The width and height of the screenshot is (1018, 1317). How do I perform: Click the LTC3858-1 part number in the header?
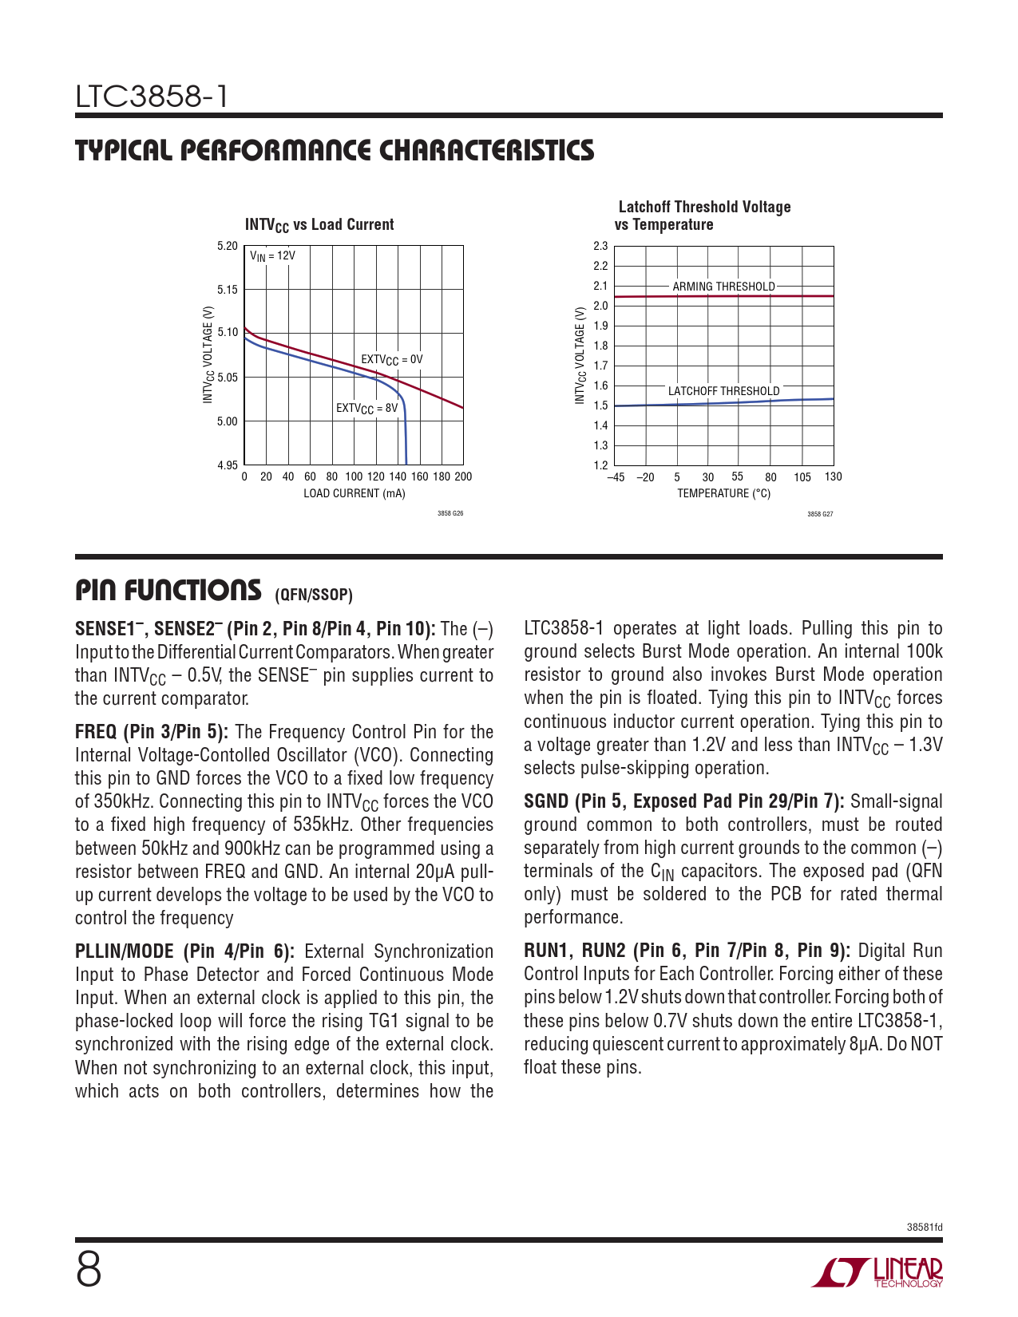point(152,97)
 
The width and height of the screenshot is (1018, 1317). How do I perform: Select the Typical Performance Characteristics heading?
point(335,151)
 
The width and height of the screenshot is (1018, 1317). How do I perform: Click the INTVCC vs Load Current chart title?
point(319,225)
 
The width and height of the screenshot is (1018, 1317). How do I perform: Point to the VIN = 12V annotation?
point(272,256)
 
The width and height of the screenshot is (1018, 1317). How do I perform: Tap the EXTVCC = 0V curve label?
point(391,360)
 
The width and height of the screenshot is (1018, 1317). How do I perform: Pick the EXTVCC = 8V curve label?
point(366,409)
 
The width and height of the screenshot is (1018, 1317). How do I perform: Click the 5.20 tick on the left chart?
point(228,246)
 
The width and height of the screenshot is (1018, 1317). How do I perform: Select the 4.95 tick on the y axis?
point(228,465)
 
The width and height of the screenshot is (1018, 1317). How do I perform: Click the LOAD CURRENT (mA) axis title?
point(354,493)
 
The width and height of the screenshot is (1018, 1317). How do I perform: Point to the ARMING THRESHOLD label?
point(723,287)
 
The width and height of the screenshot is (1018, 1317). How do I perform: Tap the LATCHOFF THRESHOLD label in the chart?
point(723,391)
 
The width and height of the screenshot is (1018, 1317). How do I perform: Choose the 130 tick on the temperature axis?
point(833,477)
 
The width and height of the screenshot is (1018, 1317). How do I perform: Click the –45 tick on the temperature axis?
point(616,477)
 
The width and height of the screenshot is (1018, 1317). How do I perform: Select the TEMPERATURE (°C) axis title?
point(723,493)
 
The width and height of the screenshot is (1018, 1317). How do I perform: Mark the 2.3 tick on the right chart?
point(600,246)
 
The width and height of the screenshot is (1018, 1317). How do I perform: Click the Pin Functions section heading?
point(168,591)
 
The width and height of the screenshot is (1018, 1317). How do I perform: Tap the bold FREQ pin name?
point(96,732)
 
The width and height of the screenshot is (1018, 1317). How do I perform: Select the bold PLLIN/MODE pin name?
point(124,951)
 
